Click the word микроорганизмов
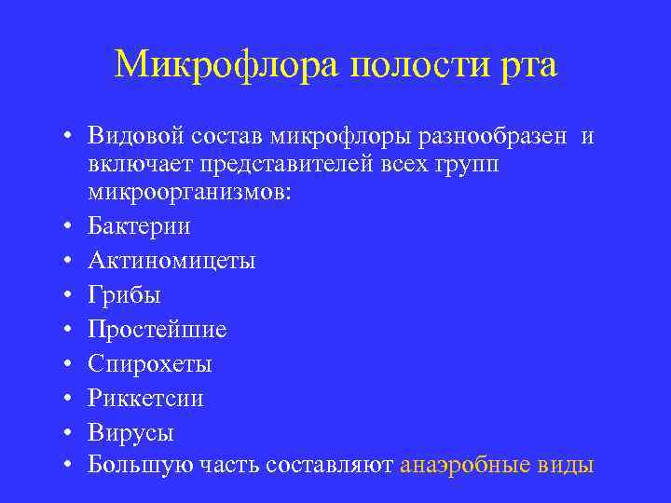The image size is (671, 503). tap(189, 193)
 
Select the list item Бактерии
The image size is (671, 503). tap(139, 225)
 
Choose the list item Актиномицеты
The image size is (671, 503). tap(171, 260)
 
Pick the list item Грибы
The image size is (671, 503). tap(125, 294)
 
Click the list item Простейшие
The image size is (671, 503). tap(157, 329)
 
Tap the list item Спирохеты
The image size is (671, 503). tap(150, 363)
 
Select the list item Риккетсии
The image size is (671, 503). tap(145, 398)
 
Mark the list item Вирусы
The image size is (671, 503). tap(131, 432)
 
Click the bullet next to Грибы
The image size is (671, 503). tap(69, 295)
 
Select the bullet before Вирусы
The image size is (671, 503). tap(69, 433)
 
